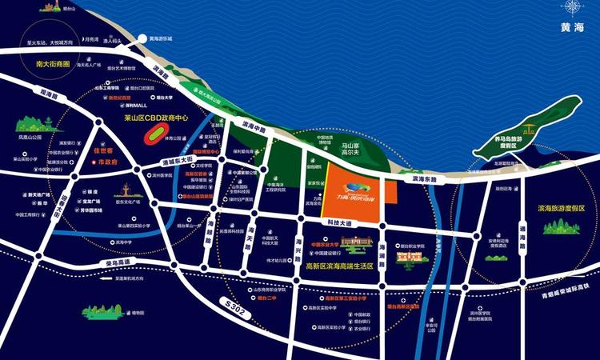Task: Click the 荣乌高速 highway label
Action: (x=120, y=262)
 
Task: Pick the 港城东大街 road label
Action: (x=178, y=162)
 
